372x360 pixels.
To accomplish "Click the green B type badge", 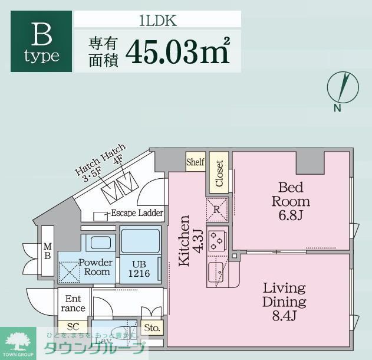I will coord(41,42).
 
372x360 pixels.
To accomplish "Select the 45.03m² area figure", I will coord(176,51).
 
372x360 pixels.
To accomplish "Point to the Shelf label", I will coord(195,162).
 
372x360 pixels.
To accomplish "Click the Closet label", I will coord(219,173).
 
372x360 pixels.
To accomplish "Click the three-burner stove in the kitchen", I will coord(218,239).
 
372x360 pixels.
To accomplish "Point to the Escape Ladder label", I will coord(137,213).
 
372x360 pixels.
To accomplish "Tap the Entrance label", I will coord(73,303).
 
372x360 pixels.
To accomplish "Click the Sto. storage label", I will coord(151,328).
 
